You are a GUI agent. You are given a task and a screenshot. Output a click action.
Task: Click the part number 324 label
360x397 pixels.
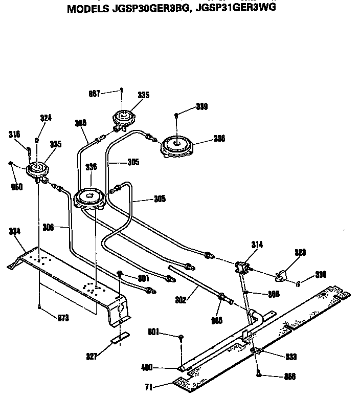pyautogui.click(x=46, y=118)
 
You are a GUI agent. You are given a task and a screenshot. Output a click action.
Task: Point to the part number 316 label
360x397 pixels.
pyautogui.click(x=14, y=134)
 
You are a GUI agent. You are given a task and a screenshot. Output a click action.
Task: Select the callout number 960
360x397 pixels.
pyautogui.click(x=17, y=187)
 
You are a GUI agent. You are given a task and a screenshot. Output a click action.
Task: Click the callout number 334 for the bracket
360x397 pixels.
pyautogui.click(x=15, y=231)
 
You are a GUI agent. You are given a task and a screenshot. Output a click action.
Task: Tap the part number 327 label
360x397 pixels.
pyautogui.click(x=92, y=357)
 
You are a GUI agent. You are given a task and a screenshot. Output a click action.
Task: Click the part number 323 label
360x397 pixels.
pyautogui.click(x=300, y=252)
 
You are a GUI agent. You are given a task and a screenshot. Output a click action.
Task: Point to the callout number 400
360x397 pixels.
pyautogui.click(x=147, y=367)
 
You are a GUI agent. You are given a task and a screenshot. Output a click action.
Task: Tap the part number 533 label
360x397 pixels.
pyautogui.click(x=290, y=357)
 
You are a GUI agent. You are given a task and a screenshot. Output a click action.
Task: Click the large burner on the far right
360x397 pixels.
pyautogui.click(x=176, y=145)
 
